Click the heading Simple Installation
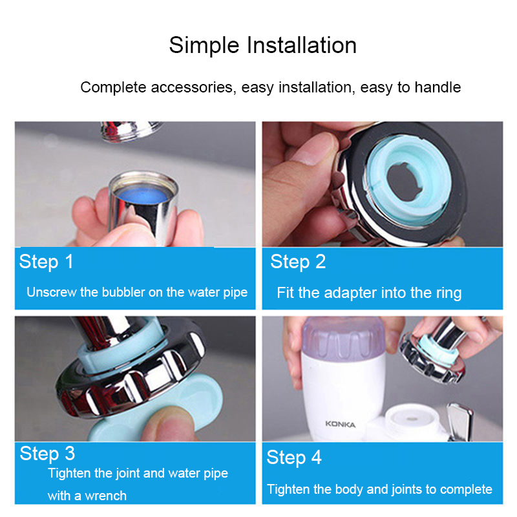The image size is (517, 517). (x=263, y=45)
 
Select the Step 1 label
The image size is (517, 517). (x=46, y=262)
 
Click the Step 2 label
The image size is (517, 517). (x=298, y=262)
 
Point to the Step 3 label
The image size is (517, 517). (x=47, y=454)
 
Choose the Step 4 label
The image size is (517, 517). (x=294, y=458)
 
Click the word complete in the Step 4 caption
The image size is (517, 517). (x=466, y=490)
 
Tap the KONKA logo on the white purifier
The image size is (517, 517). (x=341, y=425)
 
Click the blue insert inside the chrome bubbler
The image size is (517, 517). (x=143, y=195)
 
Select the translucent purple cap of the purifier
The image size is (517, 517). (x=344, y=337)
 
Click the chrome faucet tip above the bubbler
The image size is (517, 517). (x=131, y=131)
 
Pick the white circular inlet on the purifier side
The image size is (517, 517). (x=412, y=420)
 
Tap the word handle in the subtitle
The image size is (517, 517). (x=438, y=87)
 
